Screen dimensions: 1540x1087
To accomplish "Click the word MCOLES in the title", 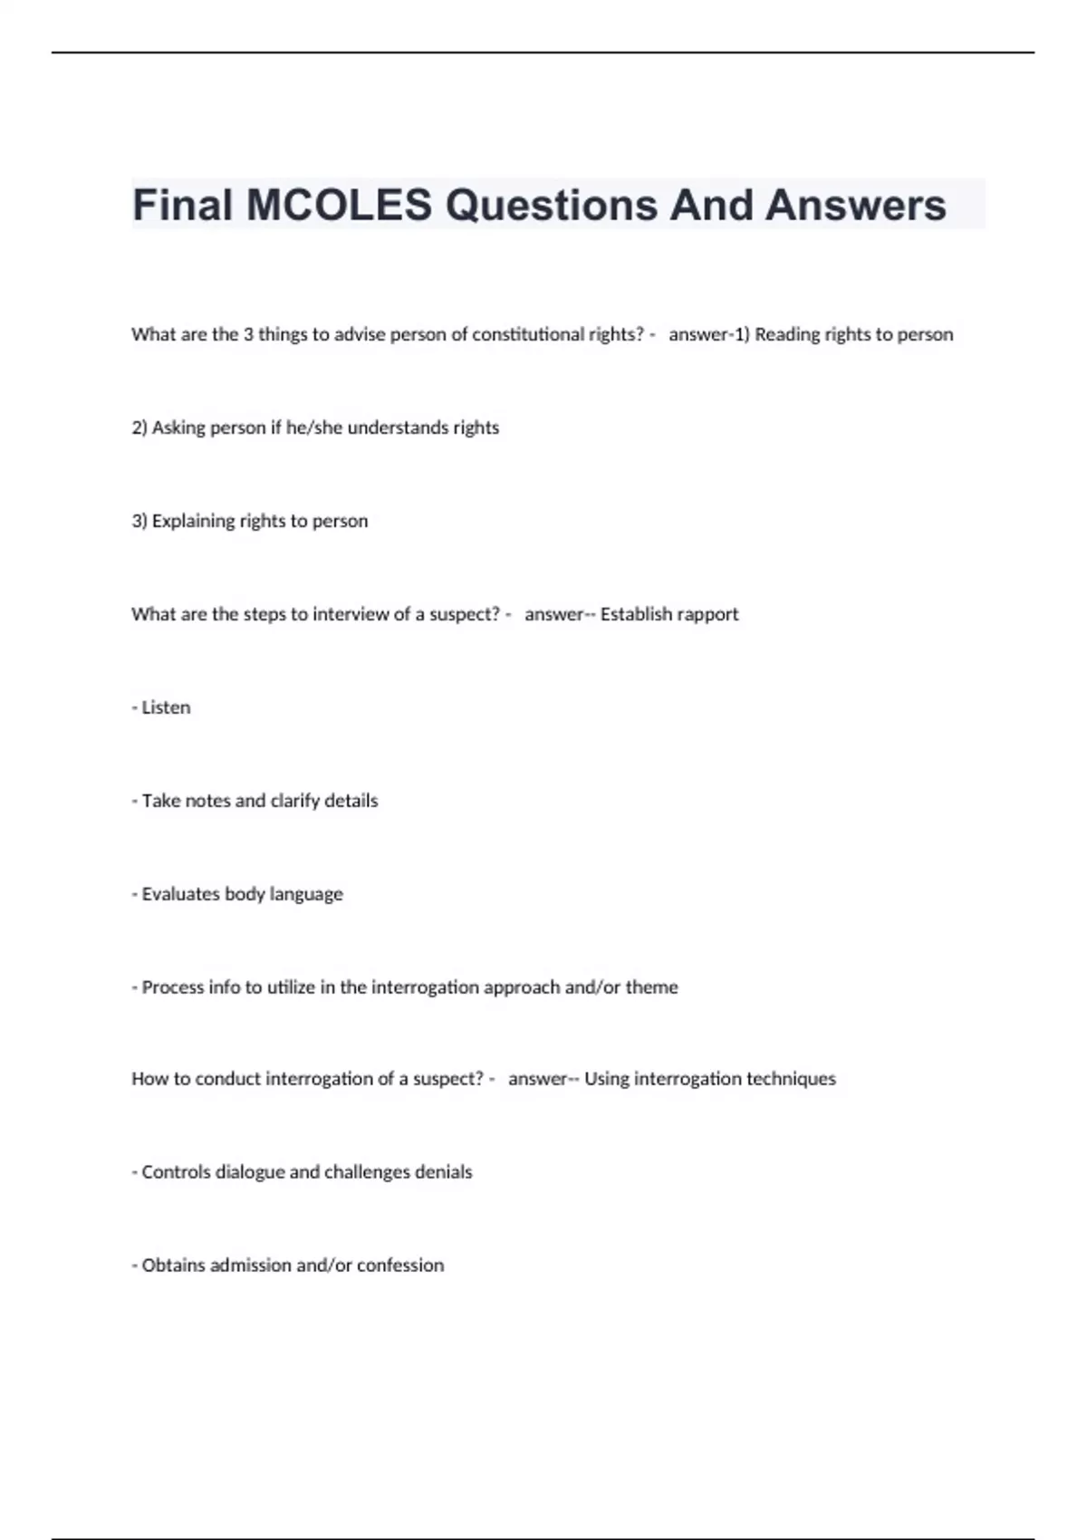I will (x=340, y=205).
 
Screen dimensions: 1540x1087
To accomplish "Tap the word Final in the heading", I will (x=183, y=205).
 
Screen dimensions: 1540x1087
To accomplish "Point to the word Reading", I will (x=787, y=334).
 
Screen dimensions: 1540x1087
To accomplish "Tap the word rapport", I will (x=706, y=614).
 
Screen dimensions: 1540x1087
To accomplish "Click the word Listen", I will (x=166, y=707).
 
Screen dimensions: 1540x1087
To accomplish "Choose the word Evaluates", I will (x=180, y=894).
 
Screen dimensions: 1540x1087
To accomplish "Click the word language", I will (x=306, y=894).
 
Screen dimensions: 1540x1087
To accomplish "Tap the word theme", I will (x=651, y=987).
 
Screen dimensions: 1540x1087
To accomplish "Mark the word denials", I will (x=443, y=1172).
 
